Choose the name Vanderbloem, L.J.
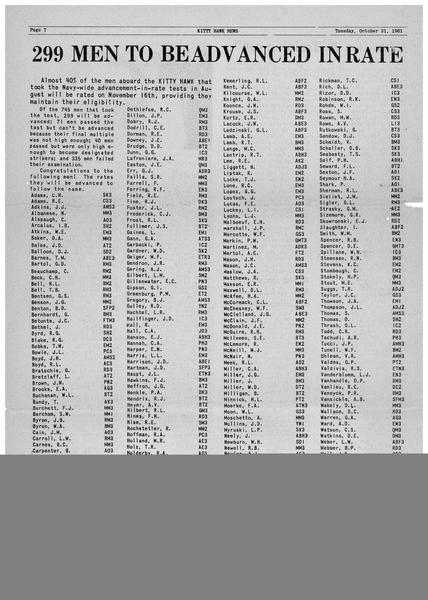[345, 375]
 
